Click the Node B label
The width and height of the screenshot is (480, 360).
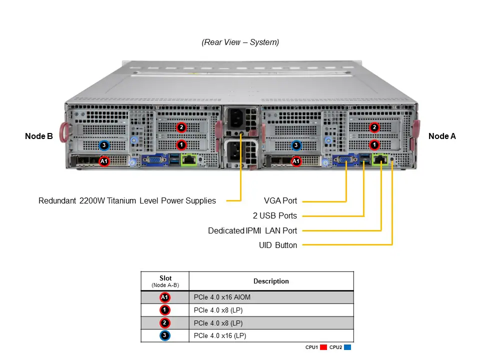pyautogui.click(x=39, y=136)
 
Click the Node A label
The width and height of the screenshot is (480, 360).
pyautogui.click(x=442, y=136)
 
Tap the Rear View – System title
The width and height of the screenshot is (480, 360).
pyautogui.click(x=240, y=42)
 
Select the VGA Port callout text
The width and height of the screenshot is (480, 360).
pyautogui.click(x=280, y=201)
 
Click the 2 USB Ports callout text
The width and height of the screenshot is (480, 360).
pyautogui.click(x=274, y=216)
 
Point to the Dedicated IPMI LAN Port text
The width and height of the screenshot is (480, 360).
pyautogui.click(x=252, y=230)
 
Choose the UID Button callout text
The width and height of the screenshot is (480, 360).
pyautogui.click(x=278, y=245)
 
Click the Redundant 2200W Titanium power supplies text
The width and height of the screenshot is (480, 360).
pyautogui.click(x=127, y=201)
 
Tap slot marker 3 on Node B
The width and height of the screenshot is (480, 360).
pyautogui.click(x=103, y=145)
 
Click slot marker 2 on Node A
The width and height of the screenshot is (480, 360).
pyautogui.click(x=374, y=127)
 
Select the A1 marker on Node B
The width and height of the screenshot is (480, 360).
pyautogui.click(x=103, y=161)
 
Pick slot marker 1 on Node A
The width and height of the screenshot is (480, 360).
pyautogui.click(x=374, y=144)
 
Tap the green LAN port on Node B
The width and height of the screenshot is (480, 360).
pyautogui.click(x=189, y=160)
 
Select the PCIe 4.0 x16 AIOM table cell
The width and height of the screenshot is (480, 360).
pyautogui.click(x=222, y=297)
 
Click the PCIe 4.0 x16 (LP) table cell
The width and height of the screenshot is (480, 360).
pyautogui.click(x=220, y=335)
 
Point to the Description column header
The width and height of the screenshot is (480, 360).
pyautogui.click(x=271, y=281)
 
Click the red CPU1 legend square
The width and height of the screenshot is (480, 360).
pyautogui.click(x=323, y=347)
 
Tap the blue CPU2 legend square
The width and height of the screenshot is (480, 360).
pyautogui.click(x=347, y=347)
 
